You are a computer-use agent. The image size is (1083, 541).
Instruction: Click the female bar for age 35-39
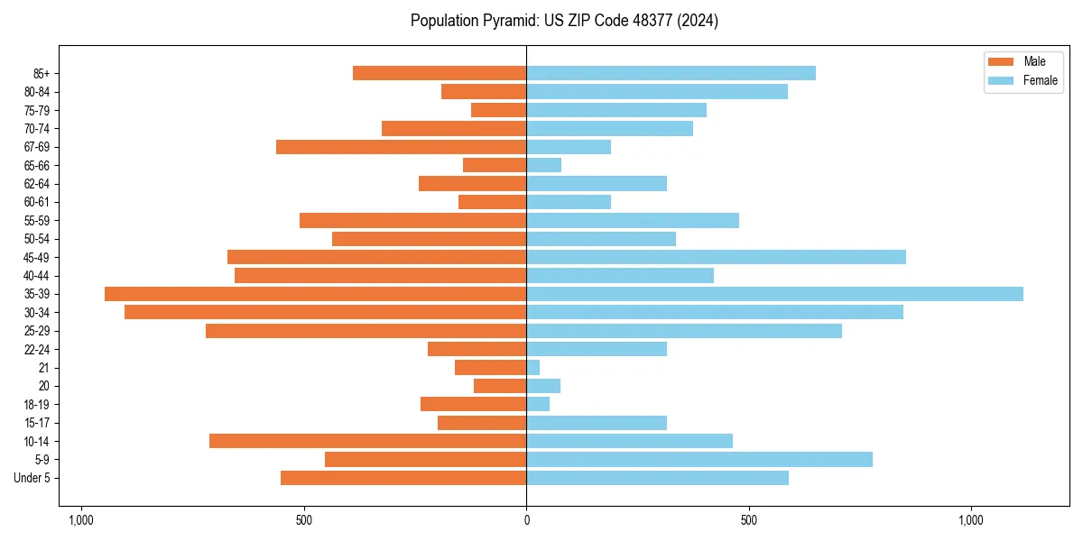774,294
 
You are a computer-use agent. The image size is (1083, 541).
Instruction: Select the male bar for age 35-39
315,294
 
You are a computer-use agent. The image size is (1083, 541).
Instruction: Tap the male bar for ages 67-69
401,147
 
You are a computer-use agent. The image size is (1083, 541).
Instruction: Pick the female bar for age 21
533,368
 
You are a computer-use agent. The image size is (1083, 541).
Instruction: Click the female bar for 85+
671,73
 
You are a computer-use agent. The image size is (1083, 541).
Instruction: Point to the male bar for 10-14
367,441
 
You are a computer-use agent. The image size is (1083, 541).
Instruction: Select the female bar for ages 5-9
699,460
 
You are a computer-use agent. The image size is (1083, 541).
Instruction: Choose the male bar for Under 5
403,478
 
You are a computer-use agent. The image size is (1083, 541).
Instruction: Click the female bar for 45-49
716,257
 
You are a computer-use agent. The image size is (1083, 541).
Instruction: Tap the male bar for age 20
500,386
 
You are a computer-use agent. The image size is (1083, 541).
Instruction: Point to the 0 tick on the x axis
526,520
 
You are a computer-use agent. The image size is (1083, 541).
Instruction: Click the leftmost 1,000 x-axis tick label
81,520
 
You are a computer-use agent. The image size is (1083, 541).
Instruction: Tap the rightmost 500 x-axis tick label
748,520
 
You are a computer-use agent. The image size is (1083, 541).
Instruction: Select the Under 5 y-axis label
32,478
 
